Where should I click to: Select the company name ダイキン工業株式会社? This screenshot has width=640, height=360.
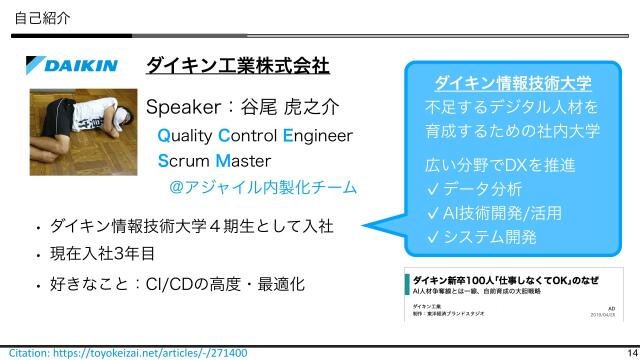[237, 66]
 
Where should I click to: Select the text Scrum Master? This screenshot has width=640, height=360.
[214, 160]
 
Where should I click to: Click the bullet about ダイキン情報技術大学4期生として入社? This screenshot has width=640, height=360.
[191, 225]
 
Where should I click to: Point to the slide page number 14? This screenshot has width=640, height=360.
[630, 353]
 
